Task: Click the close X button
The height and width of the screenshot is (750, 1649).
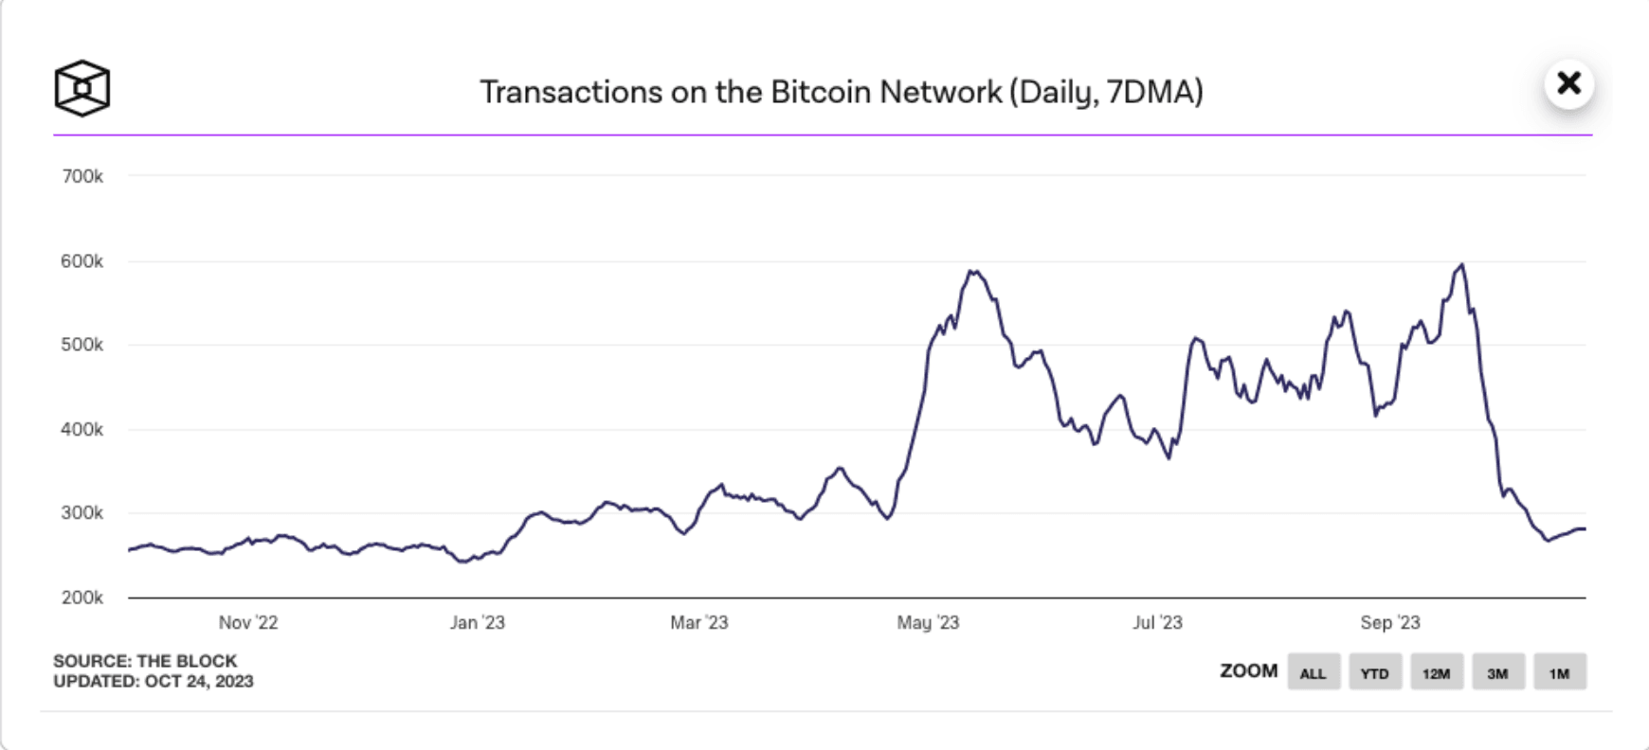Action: coord(1568,83)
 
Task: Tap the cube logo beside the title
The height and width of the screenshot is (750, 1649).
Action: coord(82,88)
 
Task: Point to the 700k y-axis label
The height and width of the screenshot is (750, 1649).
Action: coord(82,176)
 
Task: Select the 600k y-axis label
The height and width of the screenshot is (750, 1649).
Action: coord(82,261)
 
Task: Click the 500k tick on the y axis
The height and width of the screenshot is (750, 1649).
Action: coord(82,345)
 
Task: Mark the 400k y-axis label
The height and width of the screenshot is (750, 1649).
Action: coord(82,429)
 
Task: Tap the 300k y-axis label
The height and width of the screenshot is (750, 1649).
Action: coord(82,513)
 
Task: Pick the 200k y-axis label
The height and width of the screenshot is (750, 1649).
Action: coord(82,598)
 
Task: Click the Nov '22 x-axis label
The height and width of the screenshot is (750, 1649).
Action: coord(248,622)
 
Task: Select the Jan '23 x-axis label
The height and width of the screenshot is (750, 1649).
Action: coord(477,622)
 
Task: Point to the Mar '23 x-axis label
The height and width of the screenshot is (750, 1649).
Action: coord(698,622)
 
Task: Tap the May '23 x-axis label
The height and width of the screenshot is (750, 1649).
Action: coord(928,622)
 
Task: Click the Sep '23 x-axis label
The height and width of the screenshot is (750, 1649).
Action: coord(1390,622)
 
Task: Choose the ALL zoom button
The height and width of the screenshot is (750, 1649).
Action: coord(1314,672)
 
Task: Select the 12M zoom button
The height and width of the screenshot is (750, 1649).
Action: coord(1437,672)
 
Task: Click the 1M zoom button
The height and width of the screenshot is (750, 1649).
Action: coord(1560,672)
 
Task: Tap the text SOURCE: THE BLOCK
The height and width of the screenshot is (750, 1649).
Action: coord(145,661)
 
